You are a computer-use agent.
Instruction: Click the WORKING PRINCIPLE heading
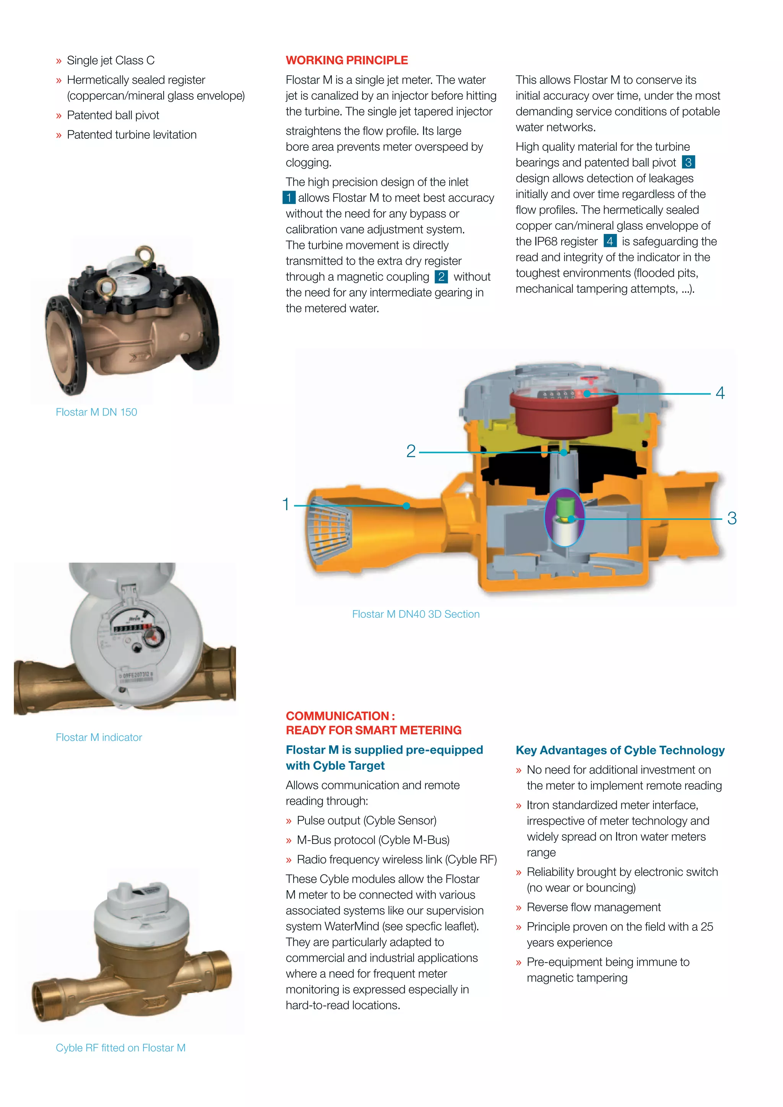[347, 60]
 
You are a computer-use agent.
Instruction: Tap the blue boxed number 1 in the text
[289, 197]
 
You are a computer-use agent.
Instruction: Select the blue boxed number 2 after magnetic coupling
[441, 276]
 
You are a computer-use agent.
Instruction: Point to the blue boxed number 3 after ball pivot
[688, 162]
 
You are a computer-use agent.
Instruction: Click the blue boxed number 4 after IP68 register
[610, 241]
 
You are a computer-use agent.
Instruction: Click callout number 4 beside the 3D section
[720, 393]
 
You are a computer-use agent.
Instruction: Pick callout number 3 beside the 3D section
[731, 518]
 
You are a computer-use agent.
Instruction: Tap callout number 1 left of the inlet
[286, 504]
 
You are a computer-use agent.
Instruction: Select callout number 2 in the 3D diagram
[411, 451]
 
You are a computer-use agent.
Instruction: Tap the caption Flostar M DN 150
[96, 412]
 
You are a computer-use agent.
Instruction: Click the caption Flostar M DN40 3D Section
[416, 614]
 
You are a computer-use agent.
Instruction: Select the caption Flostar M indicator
[99, 737]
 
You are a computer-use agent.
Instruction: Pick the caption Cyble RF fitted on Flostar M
[120, 1048]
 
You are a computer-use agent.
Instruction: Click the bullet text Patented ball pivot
[113, 115]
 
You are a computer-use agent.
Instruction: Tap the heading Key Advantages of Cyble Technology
[620, 750]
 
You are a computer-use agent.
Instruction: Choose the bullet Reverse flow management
[593, 907]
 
